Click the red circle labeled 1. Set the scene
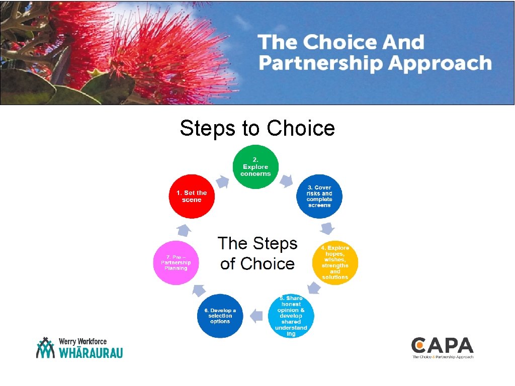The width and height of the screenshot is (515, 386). pos(192,197)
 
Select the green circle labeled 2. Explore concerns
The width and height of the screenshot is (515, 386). pos(255,167)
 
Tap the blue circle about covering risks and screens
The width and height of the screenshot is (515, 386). pos(319,197)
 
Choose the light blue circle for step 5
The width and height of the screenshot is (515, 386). pos(291,315)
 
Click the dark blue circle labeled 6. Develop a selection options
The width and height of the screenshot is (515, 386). pos(219,315)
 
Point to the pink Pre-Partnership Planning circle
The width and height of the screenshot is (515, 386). pos(176,262)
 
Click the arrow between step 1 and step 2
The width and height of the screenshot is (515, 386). pos(222,181)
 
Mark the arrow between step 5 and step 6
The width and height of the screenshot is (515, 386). pos(256,316)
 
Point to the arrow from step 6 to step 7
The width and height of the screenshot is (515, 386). pos(197,291)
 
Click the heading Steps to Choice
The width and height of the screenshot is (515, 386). pos(257,128)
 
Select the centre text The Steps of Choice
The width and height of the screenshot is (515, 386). pos(257,253)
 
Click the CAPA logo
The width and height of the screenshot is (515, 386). pos(442,348)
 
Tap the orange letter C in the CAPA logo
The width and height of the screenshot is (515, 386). pos(418,345)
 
